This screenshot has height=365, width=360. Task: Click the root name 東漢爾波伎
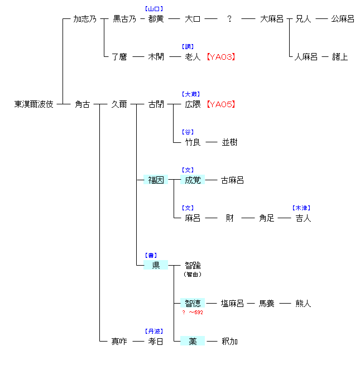click(34, 104)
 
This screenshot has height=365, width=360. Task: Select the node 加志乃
click(85, 19)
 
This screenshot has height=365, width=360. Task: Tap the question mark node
click(229, 19)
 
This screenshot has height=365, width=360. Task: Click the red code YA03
click(220, 57)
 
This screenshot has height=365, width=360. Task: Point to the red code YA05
click(220, 104)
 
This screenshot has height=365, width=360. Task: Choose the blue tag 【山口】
click(154, 9)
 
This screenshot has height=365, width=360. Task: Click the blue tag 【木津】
click(302, 208)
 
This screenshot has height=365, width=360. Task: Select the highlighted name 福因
click(156, 180)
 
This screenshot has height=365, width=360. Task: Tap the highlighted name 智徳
click(193, 304)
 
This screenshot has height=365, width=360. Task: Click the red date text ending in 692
click(193, 313)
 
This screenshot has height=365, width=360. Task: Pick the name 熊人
click(304, 304)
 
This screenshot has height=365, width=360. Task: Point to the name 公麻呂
click(343, 19)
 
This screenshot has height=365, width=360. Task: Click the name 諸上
click(340, 57)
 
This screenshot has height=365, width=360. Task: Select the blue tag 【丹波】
click(154, 331)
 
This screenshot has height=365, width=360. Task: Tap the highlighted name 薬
click(193, 341)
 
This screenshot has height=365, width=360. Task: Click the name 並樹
click(229, 142)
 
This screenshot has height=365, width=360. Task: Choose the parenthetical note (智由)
click(193, 274)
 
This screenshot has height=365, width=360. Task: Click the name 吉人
click(304, 218)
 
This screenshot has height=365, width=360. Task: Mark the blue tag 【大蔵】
click(191, 94)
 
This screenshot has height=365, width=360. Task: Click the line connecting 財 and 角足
click(248, 218)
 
